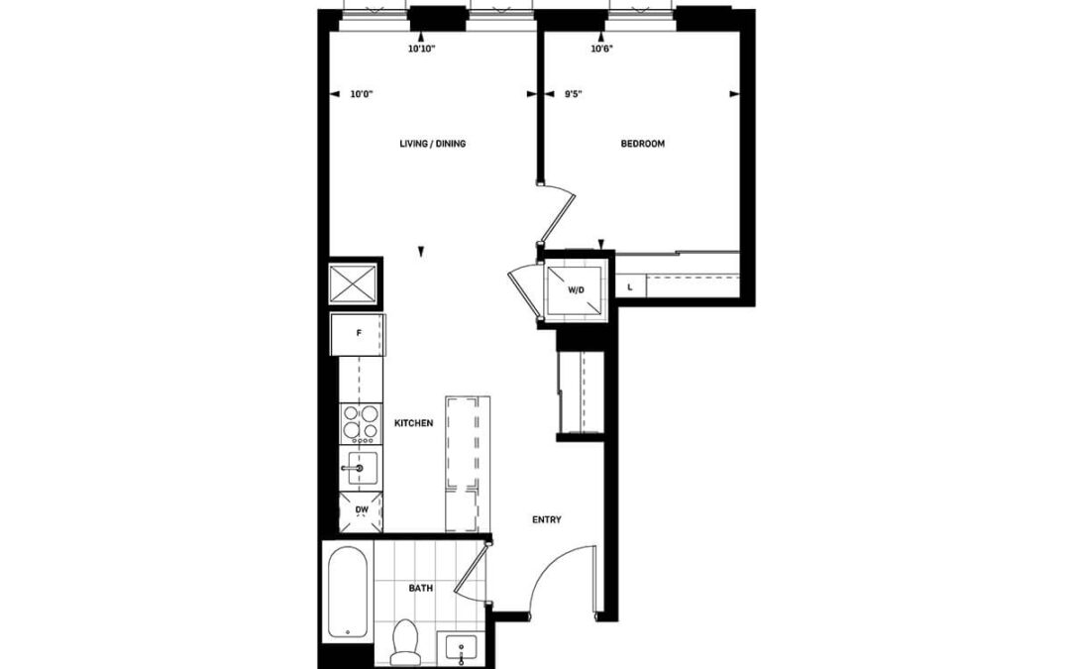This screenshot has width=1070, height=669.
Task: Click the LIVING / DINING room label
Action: click(433, 144)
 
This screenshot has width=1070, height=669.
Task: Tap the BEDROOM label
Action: click(642, 144)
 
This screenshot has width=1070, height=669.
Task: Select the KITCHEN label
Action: click(413, 423)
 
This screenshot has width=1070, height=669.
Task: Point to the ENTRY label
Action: click(547, 519)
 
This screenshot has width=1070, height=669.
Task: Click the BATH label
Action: click(421, 588)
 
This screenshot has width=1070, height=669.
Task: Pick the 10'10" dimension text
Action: click(421, 50)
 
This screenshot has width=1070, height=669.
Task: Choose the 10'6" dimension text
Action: click(601, 50)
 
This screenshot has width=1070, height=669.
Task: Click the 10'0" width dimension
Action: click(362, 94)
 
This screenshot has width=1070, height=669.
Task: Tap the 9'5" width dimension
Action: click(573, 94)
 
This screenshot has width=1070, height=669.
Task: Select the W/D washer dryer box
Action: click(576, 290)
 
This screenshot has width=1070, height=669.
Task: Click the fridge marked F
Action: click(359, 334)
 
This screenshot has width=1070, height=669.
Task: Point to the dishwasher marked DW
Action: click(362, 510)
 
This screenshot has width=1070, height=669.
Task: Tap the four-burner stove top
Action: click(361, 422)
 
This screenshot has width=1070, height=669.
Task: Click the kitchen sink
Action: click(361, 468)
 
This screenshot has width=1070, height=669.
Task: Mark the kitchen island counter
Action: click(468, 464)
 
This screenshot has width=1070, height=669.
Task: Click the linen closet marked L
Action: click(630, 287)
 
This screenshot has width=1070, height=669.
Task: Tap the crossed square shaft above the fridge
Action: click(354, 283)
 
